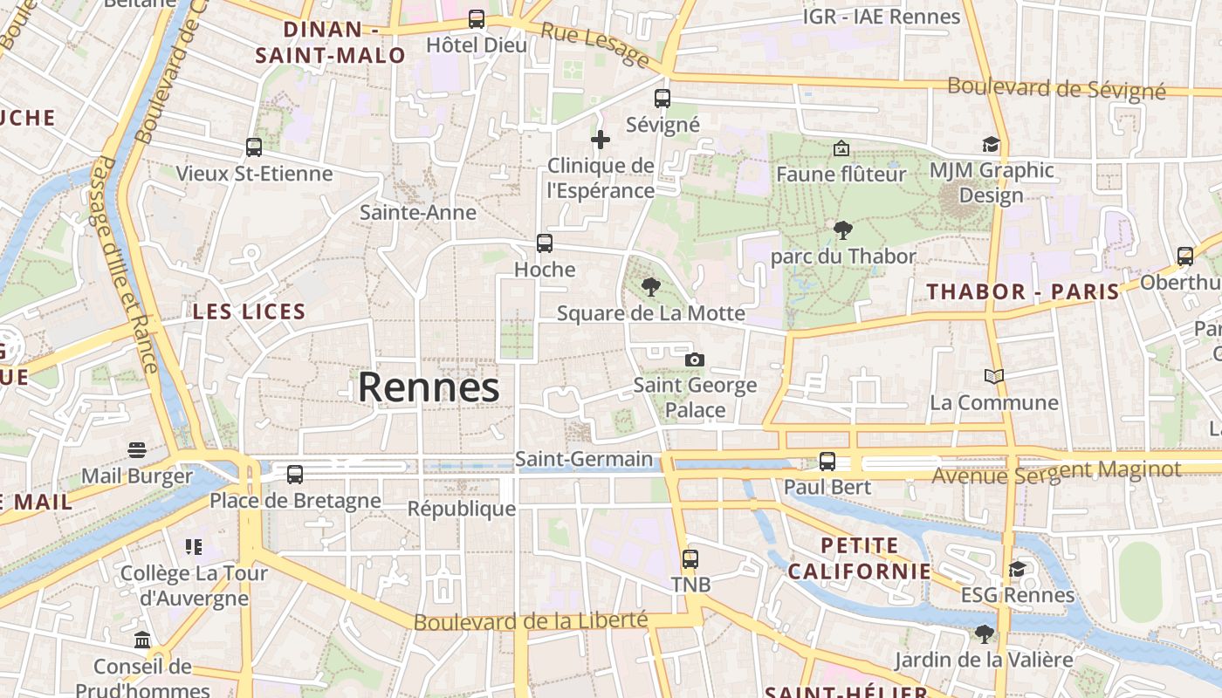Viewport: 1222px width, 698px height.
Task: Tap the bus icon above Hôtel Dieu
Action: tap(477, 18)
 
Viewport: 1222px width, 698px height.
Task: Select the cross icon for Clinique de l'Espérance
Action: tap(601, 139)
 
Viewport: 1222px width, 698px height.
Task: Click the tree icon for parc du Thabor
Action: tap(842, 230)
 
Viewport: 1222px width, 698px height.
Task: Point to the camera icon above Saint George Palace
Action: tap(695, 359)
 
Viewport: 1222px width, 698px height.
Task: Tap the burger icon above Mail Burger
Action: tap(136, 450)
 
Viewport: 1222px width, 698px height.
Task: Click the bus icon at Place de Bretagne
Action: tap(295, 475)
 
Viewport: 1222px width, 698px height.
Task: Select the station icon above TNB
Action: tap(690, 558)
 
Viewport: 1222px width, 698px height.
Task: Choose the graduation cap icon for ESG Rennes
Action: tap(1017, 569)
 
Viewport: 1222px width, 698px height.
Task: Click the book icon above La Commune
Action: tap(993, 376)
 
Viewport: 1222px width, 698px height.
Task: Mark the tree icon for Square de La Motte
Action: tap(650, 286)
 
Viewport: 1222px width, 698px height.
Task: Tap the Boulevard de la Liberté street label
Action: tap(531, 621)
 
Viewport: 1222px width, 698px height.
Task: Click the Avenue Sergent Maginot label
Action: tap(1056, 472)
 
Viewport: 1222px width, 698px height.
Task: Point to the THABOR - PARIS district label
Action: tap(1023, 291)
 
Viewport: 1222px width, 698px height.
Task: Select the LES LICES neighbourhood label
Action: tap(249, 311)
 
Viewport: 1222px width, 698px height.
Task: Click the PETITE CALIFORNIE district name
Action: tap(860, 558)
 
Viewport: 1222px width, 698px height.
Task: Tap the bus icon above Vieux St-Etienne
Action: tap(254, 147)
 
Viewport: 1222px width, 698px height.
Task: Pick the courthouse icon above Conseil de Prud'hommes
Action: tap(142, 641)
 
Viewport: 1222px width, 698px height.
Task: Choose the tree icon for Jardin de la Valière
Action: tap(985, 634)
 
